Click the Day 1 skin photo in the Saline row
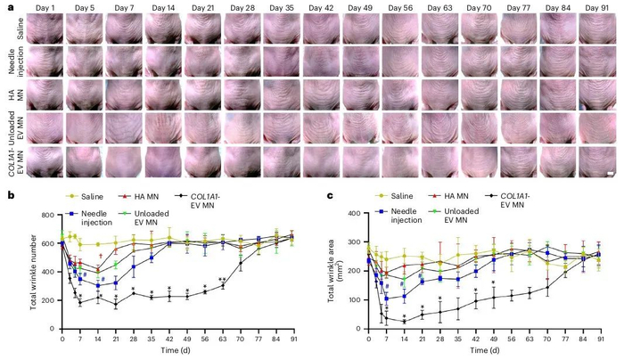[44, 29]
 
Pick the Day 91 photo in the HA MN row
[595, 95]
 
